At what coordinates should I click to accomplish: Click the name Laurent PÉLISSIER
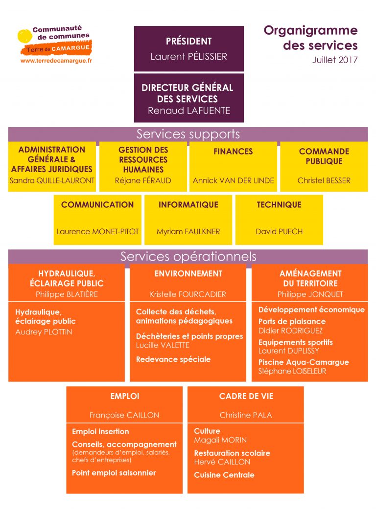coord(189,57)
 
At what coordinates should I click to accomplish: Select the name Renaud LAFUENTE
coord(189,111)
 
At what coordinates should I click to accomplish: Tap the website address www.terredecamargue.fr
coord(56,61)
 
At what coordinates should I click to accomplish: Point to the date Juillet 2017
coord(335,60)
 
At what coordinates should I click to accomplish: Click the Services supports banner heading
coord(188,134)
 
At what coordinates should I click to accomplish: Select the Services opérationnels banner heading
coord(188,256)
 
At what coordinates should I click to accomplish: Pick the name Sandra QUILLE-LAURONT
coord(52,181)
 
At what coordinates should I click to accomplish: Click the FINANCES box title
coord(233,152)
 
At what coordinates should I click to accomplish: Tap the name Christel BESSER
coord(324,181)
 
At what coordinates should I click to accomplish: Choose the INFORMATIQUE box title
coord(188,204)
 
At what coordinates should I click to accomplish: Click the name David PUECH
coord(279,232)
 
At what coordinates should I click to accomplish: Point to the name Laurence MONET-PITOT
coord(97,232)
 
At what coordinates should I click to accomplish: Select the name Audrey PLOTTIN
coord(44,332)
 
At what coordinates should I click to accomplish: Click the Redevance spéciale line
coord(173,359)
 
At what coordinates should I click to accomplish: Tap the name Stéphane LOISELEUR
coord(292,372)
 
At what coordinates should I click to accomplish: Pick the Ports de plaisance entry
coord(292,321)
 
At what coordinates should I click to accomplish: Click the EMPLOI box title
coord(125,396)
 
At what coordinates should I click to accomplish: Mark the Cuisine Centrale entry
coord(224,475)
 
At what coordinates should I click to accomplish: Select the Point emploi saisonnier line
coord(114,473)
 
